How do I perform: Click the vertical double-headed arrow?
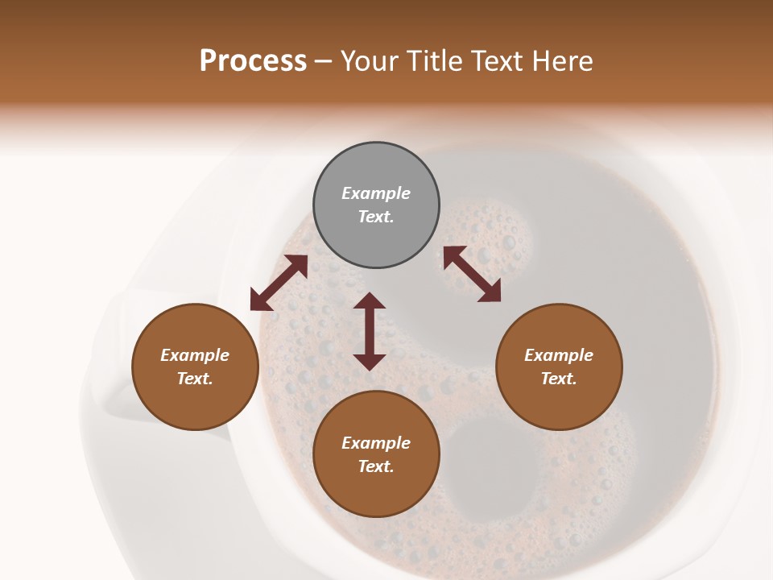click(370, 331)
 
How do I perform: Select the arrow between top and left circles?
click(279, 283)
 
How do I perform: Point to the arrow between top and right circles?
click(472, 274)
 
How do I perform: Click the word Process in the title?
click(253, 61)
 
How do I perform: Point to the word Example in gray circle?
click(376, 193)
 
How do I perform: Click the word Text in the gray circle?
click(375, 217)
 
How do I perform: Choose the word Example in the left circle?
click(195, 355)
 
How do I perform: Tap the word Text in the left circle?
click(194, 379)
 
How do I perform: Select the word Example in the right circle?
click(559, 355)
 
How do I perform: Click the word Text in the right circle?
click(558, 379)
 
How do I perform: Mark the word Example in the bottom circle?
click(376, 443)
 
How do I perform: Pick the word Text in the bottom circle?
click(375, 466)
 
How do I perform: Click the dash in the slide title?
click(324, 61)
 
